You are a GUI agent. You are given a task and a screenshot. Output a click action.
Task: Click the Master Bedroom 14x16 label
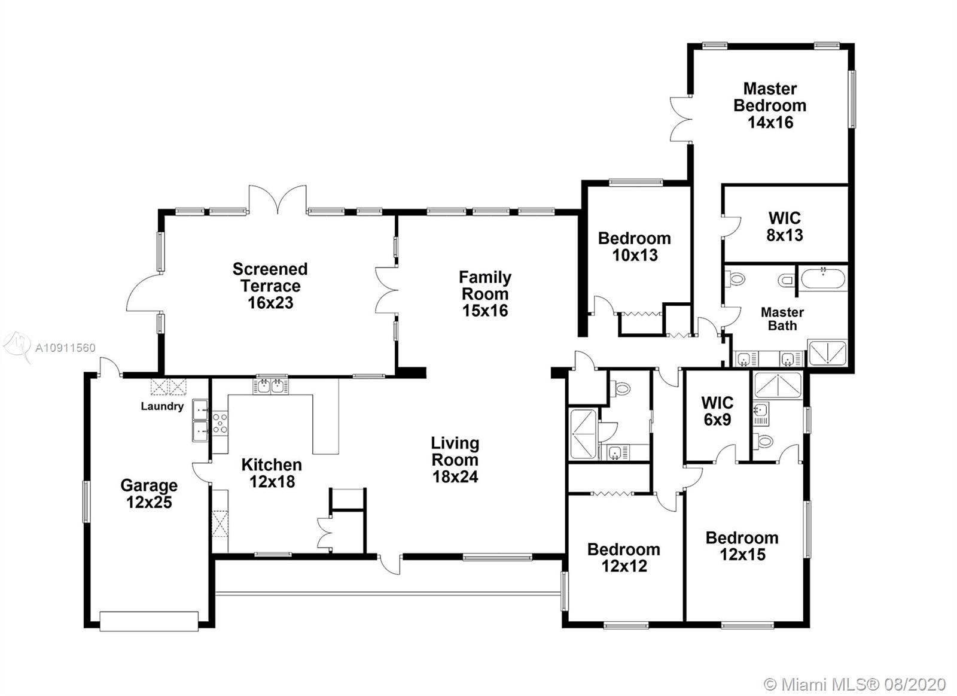770,105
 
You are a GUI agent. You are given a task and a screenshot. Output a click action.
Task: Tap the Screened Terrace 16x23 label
270,285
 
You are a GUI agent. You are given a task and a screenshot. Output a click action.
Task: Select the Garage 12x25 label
149,493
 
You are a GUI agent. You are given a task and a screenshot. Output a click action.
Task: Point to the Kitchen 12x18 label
272,473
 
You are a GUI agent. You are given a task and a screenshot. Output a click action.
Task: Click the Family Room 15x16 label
485,294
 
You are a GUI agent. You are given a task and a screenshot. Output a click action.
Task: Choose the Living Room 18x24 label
455,460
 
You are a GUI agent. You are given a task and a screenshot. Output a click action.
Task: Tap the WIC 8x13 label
784,227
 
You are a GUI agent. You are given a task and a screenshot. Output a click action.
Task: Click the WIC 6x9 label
717,411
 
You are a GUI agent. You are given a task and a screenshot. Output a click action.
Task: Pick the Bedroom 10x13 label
635,247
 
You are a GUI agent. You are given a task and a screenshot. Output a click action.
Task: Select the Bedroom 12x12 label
624,558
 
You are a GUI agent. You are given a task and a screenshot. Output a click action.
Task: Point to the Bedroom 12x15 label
742,546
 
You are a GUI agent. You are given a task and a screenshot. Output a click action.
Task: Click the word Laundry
162,406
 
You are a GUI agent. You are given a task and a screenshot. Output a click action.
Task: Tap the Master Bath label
782,319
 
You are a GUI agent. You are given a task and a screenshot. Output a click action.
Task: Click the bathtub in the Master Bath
823,278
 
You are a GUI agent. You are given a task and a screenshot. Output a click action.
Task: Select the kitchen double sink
270,386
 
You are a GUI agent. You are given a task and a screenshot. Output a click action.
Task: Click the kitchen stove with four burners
220,423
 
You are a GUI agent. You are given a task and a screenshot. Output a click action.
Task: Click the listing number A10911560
65,348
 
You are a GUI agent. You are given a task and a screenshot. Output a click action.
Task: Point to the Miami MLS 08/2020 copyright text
855,685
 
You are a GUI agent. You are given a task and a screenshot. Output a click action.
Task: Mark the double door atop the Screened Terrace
278,199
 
